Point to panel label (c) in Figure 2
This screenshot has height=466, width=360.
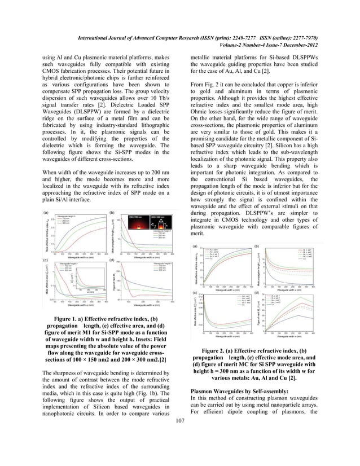195,293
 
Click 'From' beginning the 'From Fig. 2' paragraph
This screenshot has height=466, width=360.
199,83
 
